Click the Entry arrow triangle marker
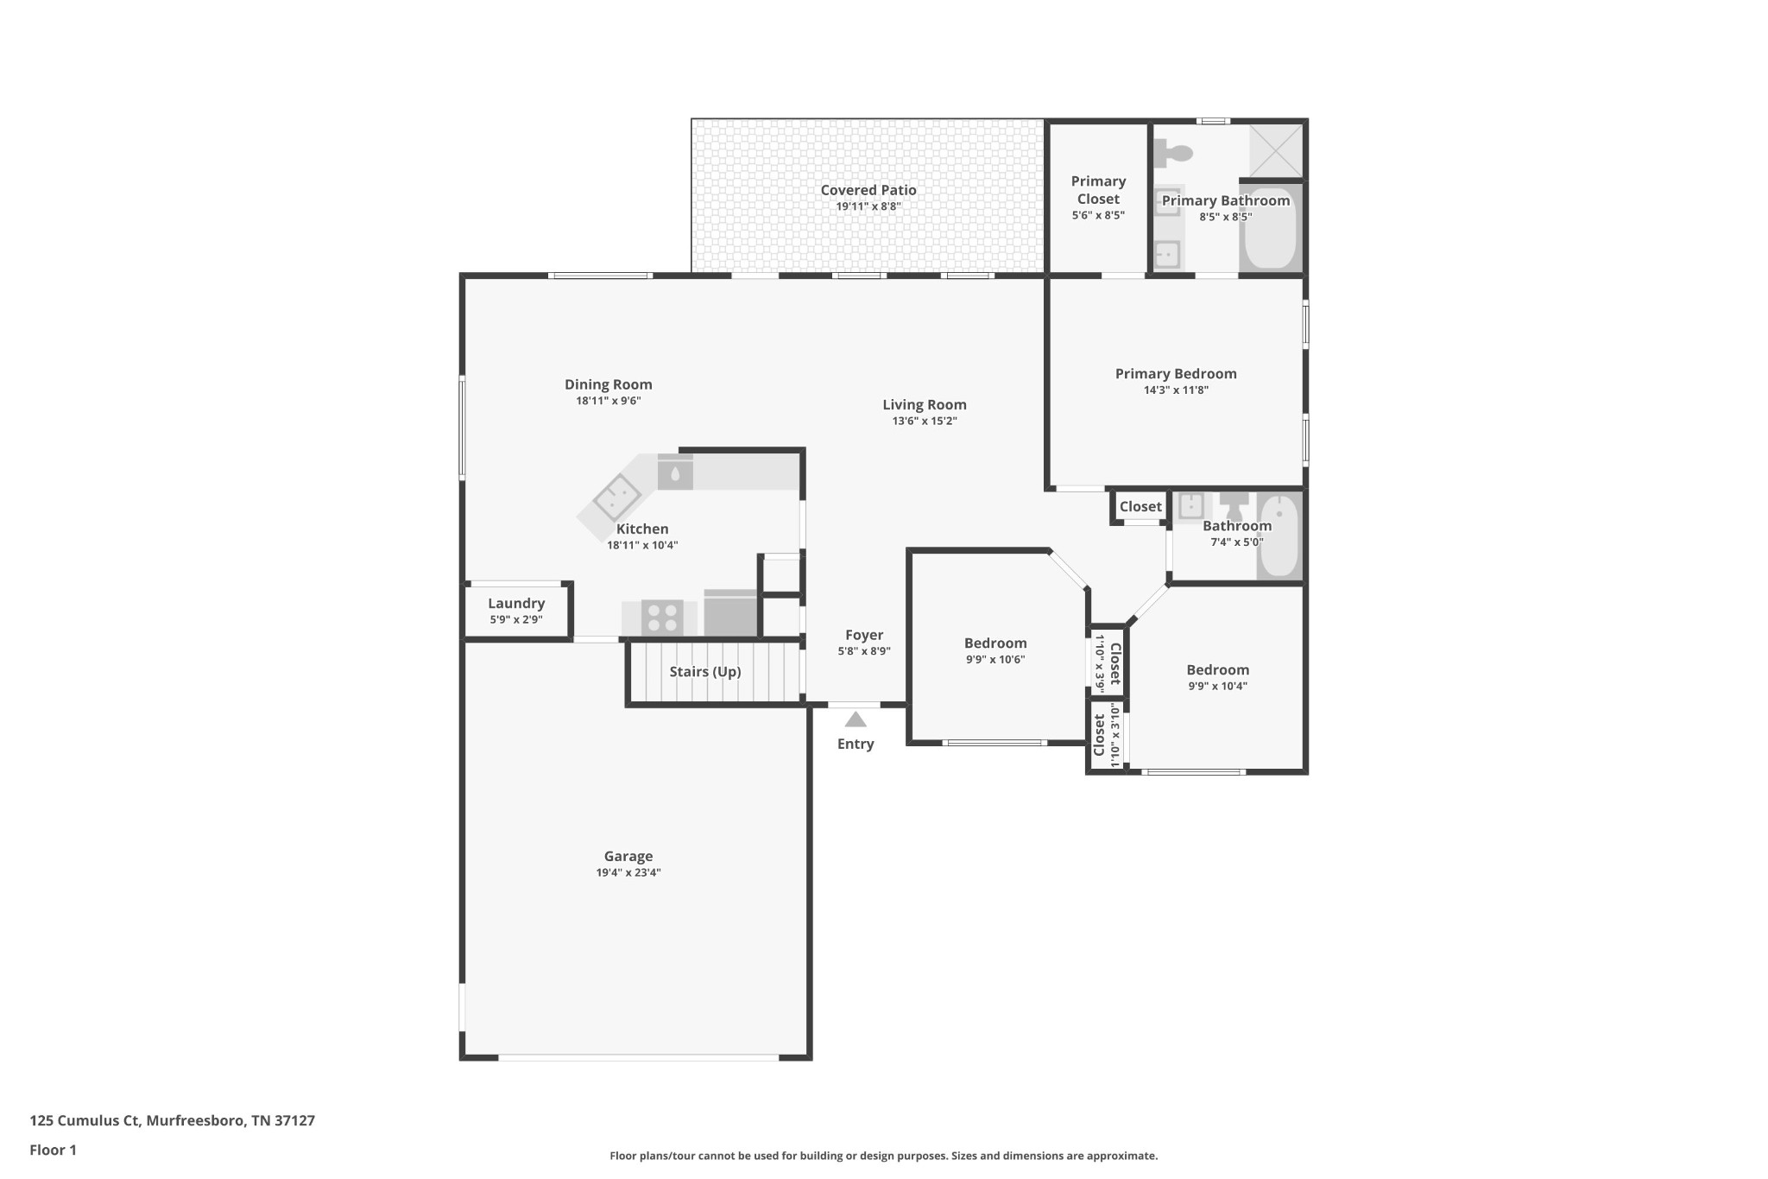[856, 719]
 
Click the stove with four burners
[662, 618]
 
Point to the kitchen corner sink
[616, 498]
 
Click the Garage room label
[628, 856]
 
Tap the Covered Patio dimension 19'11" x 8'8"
[868, 206]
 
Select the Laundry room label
[516, 603]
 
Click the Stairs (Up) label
[705, 671]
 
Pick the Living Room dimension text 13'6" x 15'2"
[925, 421]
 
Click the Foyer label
[864, 635]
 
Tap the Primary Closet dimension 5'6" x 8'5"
[1098, 215]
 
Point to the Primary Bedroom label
[1176, 373]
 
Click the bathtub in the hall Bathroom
[1279, 536]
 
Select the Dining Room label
[609, 384]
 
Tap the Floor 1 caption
[53, 1150]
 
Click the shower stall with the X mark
[1276, 150]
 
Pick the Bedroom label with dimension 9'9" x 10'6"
[995, 643]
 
